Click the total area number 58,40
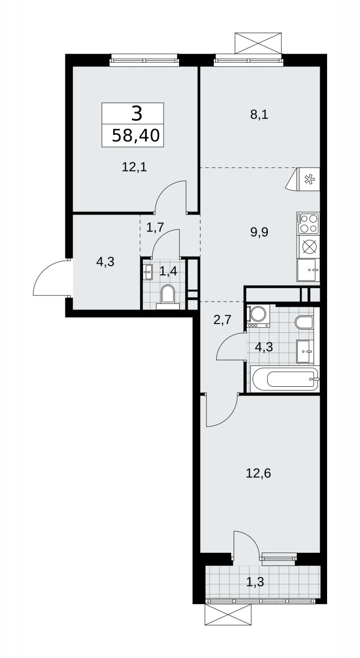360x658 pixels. pos(136,135)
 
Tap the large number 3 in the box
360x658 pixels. pos(137,114)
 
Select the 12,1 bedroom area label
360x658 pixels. pos(134,167)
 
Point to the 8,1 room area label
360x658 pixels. pos(259,115)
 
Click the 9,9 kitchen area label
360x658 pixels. pos(259,232)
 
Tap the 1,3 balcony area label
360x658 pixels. pos(255,582)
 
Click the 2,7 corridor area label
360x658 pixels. pos(223,319)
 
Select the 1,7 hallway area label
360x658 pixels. pos(155,228)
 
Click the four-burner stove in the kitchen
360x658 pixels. pos(308,223)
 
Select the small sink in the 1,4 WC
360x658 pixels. pos(148,272)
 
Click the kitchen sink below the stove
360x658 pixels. pos(308,270)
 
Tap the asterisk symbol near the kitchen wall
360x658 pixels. pos(309,179)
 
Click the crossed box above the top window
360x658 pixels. pos(258,43)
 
